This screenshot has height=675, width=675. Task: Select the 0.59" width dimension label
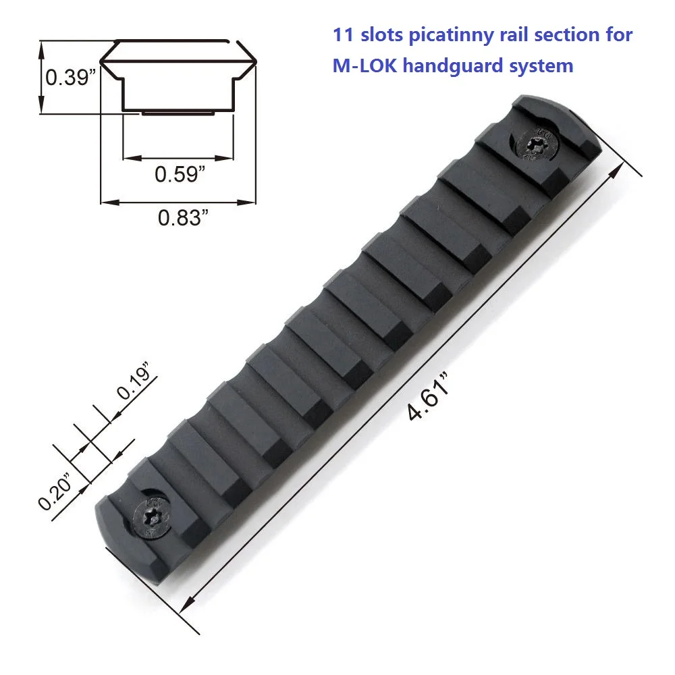tap(180, 175)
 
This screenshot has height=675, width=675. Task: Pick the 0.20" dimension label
tap(55, 491)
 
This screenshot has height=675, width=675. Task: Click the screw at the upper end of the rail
tap(535, 143)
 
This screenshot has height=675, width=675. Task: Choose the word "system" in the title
tap(543, 66)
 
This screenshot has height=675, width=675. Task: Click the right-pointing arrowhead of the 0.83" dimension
tap(255, 201)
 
